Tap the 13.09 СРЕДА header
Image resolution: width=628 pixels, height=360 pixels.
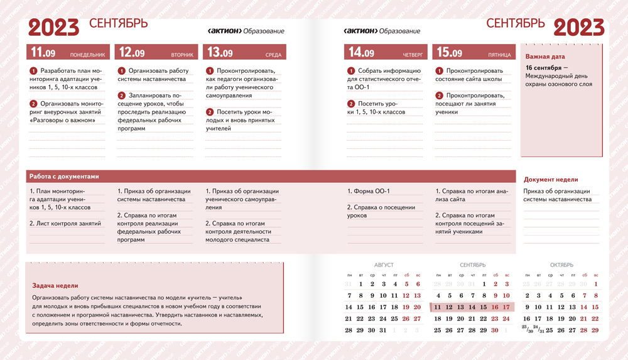(x=244, y=52)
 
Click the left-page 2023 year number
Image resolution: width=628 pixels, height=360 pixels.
(x=54, y=27)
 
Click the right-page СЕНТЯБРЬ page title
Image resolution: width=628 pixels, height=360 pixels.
(x=515, y=24)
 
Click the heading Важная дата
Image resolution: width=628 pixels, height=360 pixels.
(x=545, y=57)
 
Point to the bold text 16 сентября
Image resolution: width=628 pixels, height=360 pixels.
(x=544, y=67)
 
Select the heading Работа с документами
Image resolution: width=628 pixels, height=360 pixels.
(x=64, y=177)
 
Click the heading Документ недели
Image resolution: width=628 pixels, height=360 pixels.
(x=551, y=180)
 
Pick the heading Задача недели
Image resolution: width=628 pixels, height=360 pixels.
(x=55, y=286)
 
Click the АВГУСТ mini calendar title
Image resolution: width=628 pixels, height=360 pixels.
(x=384, y=265)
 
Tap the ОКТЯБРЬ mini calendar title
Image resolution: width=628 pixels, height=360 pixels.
(x=561, y=265)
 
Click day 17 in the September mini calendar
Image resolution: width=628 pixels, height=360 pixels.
(x=507, y=307)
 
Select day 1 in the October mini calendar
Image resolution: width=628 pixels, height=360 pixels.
(x=595, y=284)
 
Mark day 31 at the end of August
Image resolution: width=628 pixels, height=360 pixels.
(x=383, y=330)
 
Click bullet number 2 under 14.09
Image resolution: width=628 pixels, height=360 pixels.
(x=351, y=104)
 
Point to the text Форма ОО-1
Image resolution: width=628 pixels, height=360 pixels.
(x=371, y=191)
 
